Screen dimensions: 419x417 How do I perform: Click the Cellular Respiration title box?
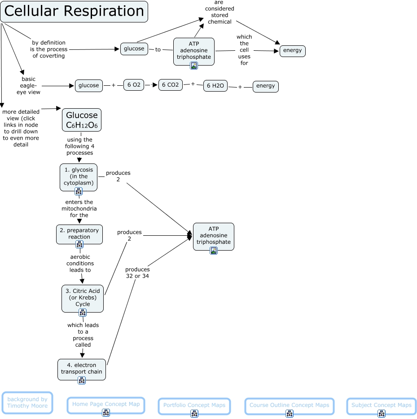click(74, 12)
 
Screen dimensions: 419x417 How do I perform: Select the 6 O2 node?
click(134, 85)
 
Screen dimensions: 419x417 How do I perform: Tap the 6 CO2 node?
click(170, 84)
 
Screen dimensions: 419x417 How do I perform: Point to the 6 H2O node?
click(215, 85)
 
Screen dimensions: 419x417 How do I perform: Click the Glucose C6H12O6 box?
click(82, 120)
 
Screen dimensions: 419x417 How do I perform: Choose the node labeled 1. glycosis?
click(79, 176)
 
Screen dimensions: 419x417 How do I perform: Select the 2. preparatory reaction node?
click(79, 234)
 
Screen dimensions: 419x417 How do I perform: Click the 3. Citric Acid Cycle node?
click(83, 297)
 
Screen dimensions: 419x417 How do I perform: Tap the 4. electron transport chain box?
click(82, 368)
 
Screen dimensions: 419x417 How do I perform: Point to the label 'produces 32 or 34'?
click(137, 273)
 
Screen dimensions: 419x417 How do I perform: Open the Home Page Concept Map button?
click(106, 404)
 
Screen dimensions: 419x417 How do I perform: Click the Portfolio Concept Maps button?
click(194, 406)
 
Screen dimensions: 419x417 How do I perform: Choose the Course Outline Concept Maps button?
click(289, 406)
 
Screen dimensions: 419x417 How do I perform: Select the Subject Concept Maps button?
click(381, 406)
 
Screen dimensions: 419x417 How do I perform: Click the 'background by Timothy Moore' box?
click(27, 402)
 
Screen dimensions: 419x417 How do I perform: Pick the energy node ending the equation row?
click(265, 86)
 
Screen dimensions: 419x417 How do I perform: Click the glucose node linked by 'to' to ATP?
click(134, 49)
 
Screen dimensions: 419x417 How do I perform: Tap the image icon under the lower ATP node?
click(214, 251)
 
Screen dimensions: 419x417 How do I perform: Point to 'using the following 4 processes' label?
click(79, 146)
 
